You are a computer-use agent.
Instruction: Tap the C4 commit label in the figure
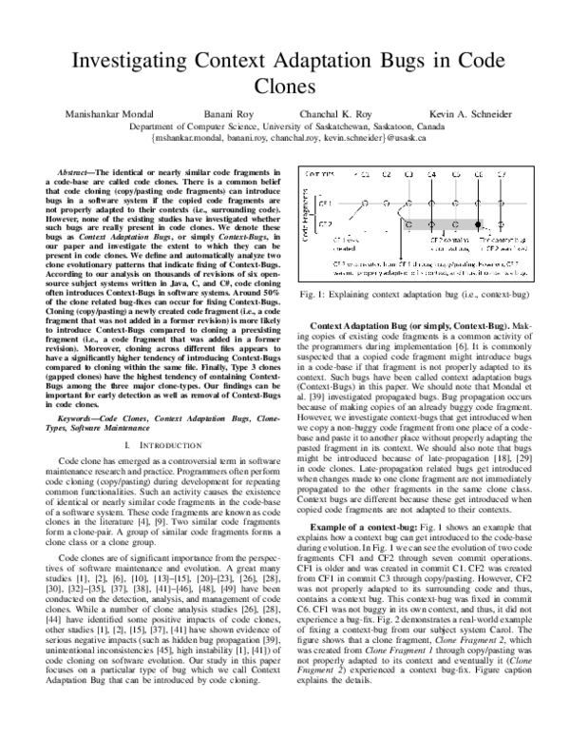pos(431,175)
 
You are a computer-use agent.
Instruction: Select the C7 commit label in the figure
pos(501,175)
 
